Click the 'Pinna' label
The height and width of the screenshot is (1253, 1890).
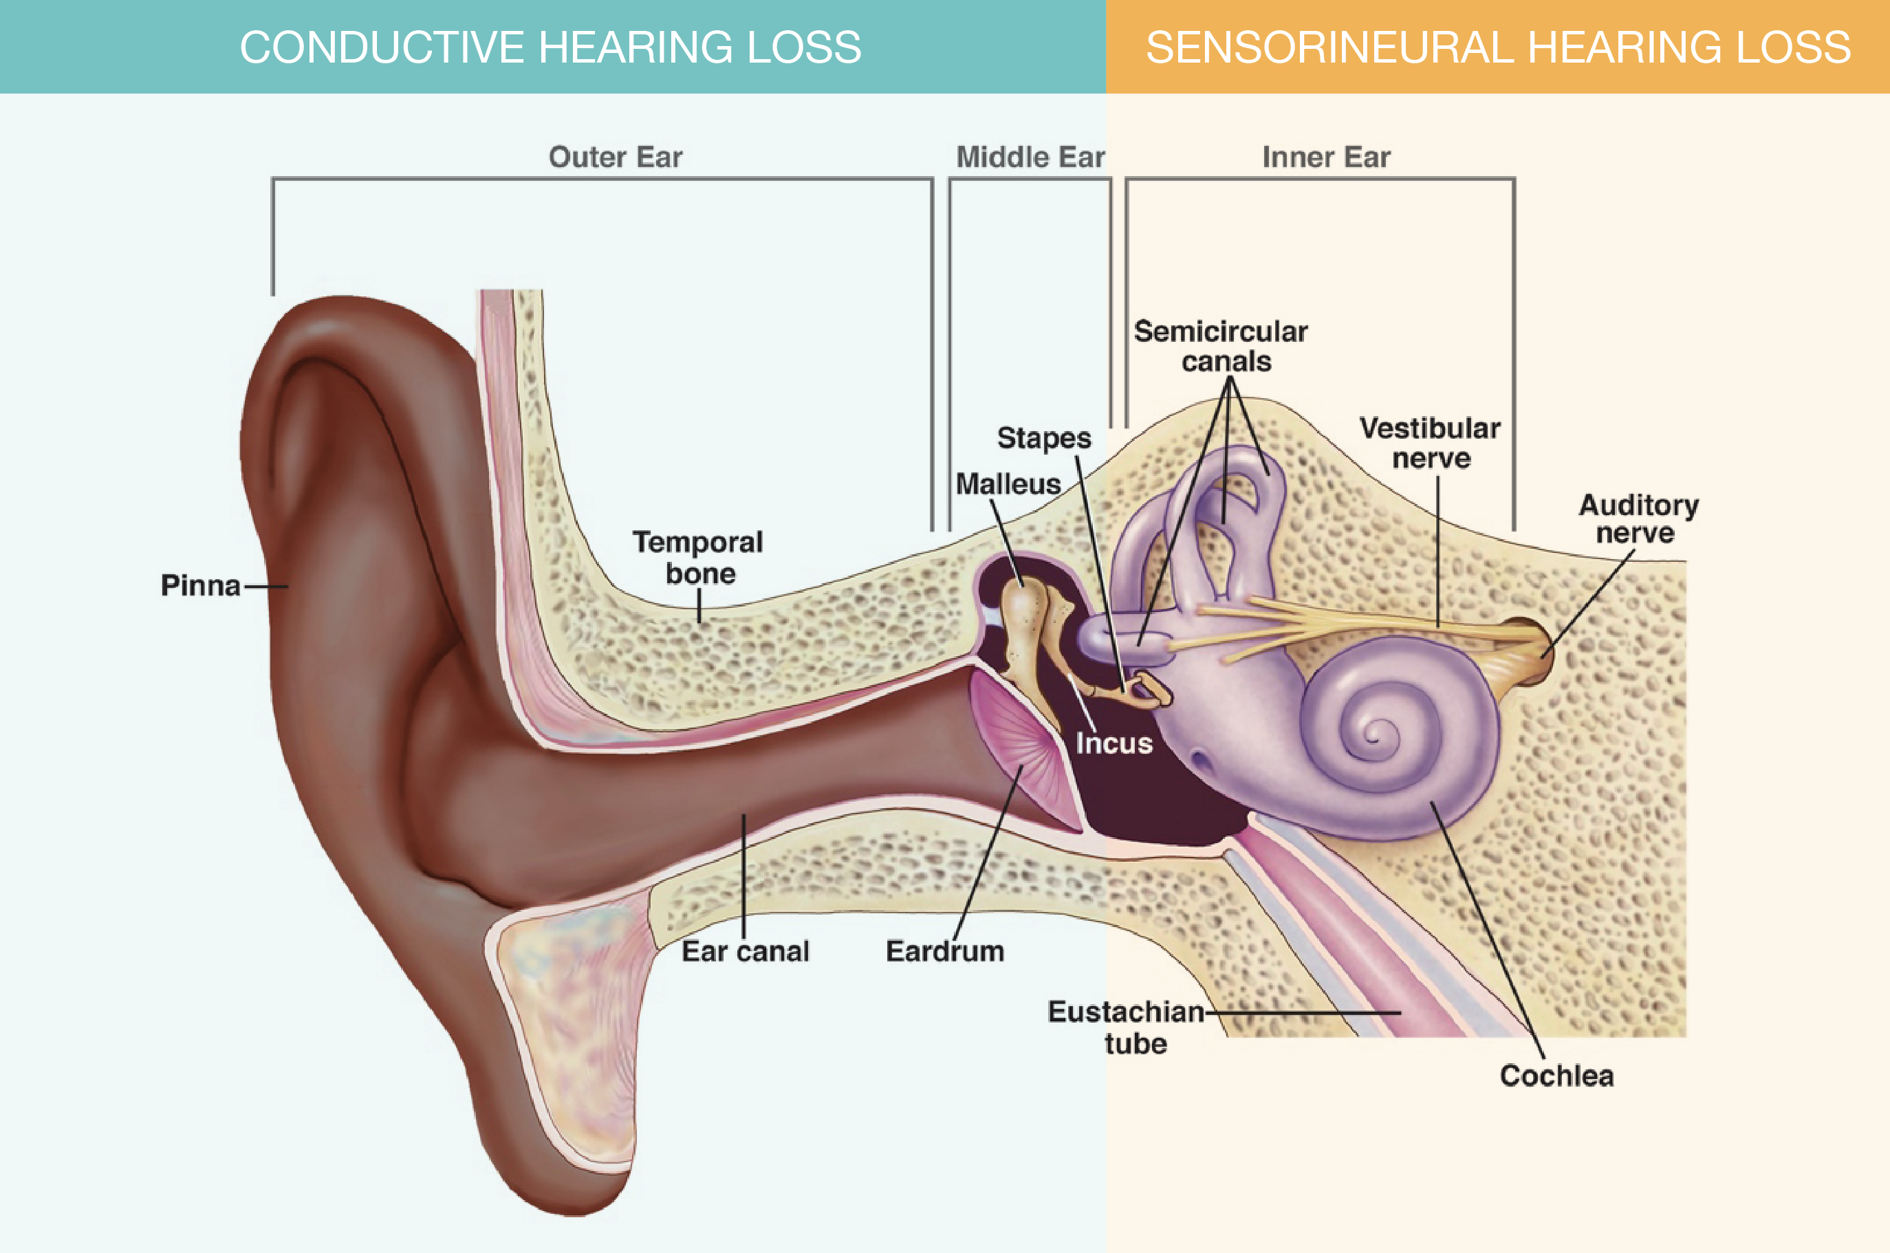point(201,586)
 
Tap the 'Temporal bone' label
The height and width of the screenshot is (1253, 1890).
point(699,558)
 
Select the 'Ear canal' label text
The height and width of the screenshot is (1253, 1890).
point(745,952)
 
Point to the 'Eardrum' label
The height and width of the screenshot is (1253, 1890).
point(944,952)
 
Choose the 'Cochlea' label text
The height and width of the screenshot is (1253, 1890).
point(1556,1076)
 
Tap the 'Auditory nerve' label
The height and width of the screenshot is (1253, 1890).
point(1638,519)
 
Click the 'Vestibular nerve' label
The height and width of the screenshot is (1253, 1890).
point(1430,444)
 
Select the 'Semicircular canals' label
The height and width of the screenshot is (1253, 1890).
point(1221,347)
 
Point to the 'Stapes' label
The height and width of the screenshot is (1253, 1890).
point(1044,439)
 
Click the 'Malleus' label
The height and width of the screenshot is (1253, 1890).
point(1008,484)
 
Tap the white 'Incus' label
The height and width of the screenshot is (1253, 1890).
point(1114,744)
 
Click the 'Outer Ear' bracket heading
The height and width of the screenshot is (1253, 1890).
point(616,157)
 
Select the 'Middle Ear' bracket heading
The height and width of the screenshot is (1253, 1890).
point(1030,157)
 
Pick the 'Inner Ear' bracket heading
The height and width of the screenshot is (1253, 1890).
point(1326,157)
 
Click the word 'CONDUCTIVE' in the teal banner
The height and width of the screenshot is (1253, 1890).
point(381,47)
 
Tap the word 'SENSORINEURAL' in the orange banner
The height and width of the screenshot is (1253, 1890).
point(1329,47)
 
